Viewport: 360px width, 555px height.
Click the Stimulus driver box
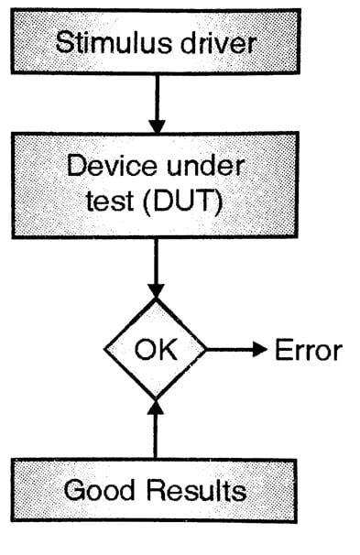156,41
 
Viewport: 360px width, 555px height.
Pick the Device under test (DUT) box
156,186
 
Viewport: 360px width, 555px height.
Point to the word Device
110,169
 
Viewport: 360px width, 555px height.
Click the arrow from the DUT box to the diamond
155,270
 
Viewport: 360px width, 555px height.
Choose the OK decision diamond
155,349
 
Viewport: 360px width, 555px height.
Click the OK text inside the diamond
155,350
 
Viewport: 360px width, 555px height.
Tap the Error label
308,350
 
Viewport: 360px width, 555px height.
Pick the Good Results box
156,490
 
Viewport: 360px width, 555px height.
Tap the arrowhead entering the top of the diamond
155,292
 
